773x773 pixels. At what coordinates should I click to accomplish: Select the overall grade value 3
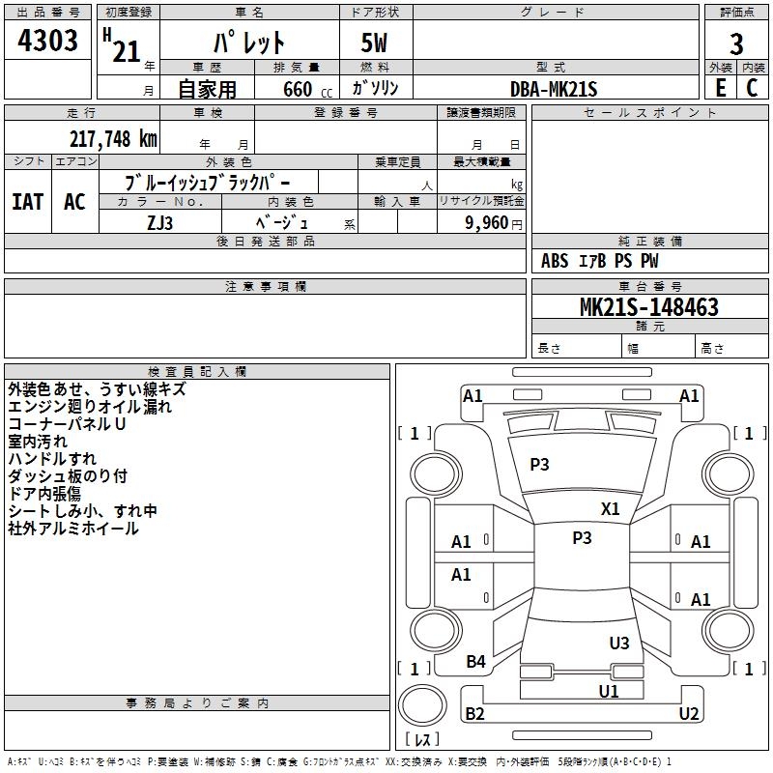click(x=736, y=44)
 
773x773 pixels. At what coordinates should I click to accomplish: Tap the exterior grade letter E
click(x=720, y=87)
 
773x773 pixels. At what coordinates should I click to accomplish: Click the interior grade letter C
click(x=752, y=87)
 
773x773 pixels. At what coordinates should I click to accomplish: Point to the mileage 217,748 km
click(x=112, y=138)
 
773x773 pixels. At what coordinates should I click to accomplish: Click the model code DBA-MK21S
click(x=554, y=89)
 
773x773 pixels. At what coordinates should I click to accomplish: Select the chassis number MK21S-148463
click(x=648, y=308)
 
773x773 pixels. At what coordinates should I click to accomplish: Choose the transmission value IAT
click(x=27, y=202)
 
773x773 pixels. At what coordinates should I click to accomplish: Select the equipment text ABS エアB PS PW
click(x=601, y=260)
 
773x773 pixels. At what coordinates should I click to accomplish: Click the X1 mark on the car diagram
click(x=611, y=508)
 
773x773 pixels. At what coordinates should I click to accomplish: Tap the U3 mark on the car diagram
click(x=619, y=643)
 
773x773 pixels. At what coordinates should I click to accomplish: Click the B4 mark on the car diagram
click(x=476, y=662)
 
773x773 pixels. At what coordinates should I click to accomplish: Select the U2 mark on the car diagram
click(x=689, y=714)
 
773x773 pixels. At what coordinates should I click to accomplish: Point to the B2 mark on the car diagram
click(x=474, y=714)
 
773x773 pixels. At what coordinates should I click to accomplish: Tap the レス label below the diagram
click(x=423, y=740)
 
